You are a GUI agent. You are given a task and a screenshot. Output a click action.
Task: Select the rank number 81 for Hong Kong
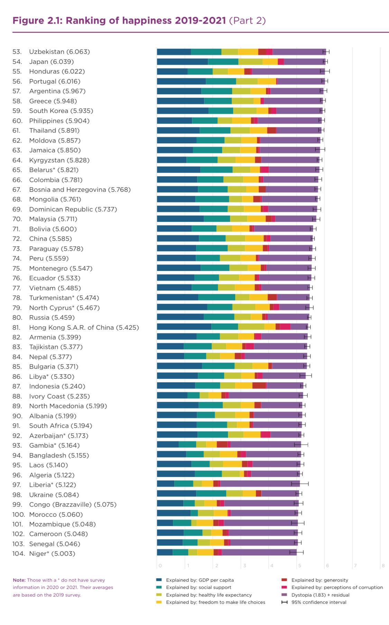(x=16, y=327)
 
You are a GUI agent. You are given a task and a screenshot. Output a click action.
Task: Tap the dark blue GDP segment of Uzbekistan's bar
(x=174, y=52)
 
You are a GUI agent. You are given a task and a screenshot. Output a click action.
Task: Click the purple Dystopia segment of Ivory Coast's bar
(x=266, y=396)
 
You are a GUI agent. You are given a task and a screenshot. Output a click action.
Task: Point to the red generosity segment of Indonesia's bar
(x=259, y=386)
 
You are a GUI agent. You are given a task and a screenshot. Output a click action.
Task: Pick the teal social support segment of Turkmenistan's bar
(x=216, y=298)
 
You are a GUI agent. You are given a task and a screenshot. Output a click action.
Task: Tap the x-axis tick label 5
(x=299, y=566)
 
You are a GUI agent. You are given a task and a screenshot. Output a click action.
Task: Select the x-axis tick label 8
(x=383, y=566)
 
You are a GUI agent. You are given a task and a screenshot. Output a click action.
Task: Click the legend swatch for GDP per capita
(x=159, y=580)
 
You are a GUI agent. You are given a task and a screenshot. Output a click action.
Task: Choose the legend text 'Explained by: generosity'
(x=319, y=580)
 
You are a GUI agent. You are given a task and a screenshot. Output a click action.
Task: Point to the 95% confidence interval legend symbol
(x=284, y=602)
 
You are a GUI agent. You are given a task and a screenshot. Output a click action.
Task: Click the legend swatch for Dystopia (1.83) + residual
(x=284, y=595)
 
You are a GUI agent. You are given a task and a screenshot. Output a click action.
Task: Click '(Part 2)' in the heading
(x=247, y=21)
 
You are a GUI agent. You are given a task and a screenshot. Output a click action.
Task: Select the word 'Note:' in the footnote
(x=19, y=580)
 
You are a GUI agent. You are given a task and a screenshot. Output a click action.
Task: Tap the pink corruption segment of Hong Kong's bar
(x=285, y=327)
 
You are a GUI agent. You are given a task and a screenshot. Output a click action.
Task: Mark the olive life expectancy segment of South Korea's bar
(x=245, y=111)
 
